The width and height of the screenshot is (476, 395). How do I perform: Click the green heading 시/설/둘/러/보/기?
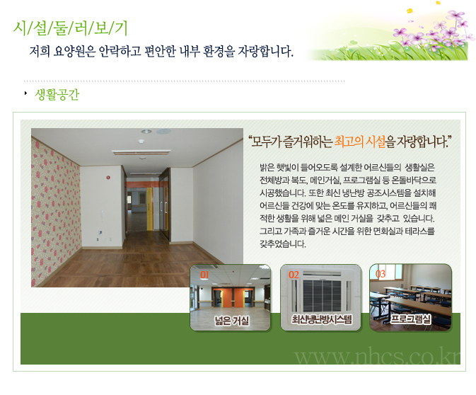click(x=70, y=28)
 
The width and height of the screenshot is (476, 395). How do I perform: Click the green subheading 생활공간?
click(x=57, y=94)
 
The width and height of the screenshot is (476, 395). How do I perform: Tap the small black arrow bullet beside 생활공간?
click(x=25, y=93)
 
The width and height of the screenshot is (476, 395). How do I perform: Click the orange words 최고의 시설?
click(x=360, y=142)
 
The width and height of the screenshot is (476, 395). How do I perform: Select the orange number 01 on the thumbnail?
click(x=204, y=275)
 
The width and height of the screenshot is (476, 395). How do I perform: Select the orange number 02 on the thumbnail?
click(x=294, y=275)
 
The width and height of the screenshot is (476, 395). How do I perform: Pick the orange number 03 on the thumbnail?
click(x=381, y=274)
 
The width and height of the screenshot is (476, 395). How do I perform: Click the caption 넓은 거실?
click(x=231, y=321)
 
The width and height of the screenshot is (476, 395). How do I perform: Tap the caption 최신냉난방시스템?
click(x=322, y=319)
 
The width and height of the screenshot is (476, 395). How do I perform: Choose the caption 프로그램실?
click(x=410, y=319)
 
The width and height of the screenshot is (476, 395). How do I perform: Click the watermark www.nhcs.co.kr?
click(x=377, y=356)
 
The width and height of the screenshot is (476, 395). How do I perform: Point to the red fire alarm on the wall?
click(x=108, y=177)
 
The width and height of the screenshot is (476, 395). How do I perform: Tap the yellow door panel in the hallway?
click(x=149, y=209)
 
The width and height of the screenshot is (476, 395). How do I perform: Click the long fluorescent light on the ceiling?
click(x=141, y=152)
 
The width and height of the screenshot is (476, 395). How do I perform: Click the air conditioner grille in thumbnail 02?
click(x=322, y=296)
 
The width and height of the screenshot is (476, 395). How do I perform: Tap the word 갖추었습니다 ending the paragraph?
click(x=283, y=244)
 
